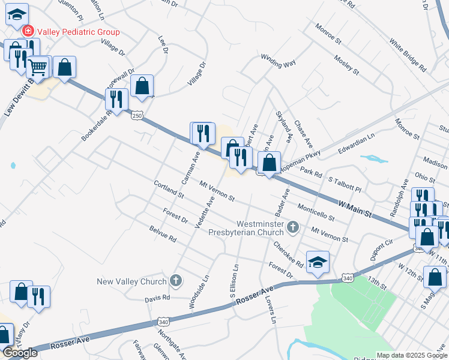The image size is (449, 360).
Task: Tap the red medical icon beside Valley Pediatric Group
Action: [x=28, y=31]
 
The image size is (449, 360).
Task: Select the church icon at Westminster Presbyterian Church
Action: [x=293, y=226]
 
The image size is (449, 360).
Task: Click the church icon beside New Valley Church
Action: [x=176, y=280]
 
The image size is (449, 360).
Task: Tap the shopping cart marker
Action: [x=38, y=67]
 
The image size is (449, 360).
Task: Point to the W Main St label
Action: [x=354, y=209]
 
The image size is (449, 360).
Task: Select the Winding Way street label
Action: [x=278, y=61]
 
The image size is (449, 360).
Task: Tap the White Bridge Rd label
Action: [x=407, y=56]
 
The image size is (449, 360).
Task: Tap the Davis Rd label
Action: [x=157, y=298]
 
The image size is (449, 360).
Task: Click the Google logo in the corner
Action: [x=20, y=353]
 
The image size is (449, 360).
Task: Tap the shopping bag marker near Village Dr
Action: [x=142, y=86]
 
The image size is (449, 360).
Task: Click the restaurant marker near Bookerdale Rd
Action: [x=116, y=100]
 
